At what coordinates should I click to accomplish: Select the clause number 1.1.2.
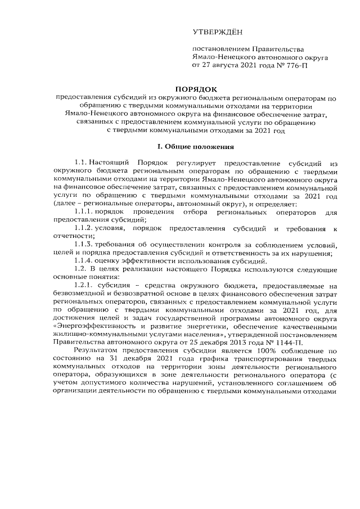pos(84,229)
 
